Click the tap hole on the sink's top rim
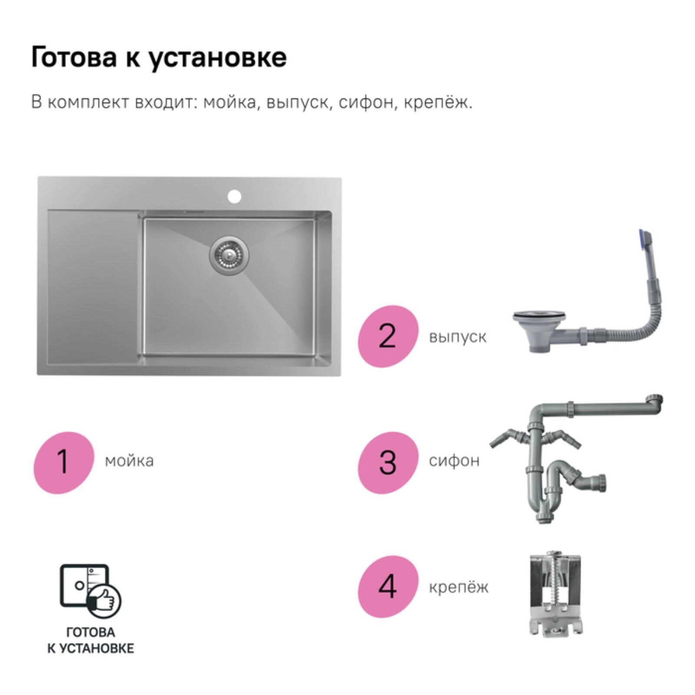pyautogui.click(x=234, y=196)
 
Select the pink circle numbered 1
pyautogui.click(x=64, y=463)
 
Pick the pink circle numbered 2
pyautogui.click(x=388, y=336)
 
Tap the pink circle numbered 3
pyautogui.click(x=388, y=463)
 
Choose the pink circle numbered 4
pyautogui.click(x=388, y=586)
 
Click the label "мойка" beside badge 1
pyautogui.click(x=129, y=461)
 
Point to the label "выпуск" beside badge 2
pyautogui.click(x=457, y=337)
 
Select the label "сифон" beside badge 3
pyautogui.click(x=454, y=460)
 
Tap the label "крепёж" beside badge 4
pyautogui.click(x=458, y=587)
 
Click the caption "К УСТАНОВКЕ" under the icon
pyautogui.click(x=90, y=649)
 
